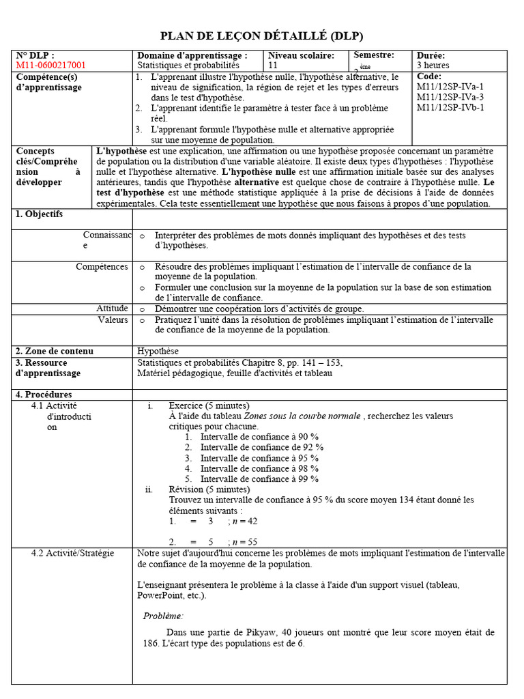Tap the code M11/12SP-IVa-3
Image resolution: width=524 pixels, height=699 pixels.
click(450, 97)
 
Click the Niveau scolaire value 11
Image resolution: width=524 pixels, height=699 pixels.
click(273, 66)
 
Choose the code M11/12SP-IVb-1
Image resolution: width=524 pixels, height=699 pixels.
click(451, 107)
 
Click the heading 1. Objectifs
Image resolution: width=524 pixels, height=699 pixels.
click(39, 214)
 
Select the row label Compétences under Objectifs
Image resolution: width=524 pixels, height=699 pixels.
click(102, 267)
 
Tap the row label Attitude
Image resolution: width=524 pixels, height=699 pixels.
click(112, 309)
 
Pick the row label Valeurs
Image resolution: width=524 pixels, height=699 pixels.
click(113, 319)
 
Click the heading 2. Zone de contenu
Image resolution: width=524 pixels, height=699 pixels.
click(55, 351)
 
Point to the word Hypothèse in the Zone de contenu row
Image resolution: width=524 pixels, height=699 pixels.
click(158, 351)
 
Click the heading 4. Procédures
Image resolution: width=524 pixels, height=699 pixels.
click(44, 395)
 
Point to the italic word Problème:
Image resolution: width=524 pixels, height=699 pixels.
click(163, 616)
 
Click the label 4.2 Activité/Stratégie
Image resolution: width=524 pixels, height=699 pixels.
click(72, 553)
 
